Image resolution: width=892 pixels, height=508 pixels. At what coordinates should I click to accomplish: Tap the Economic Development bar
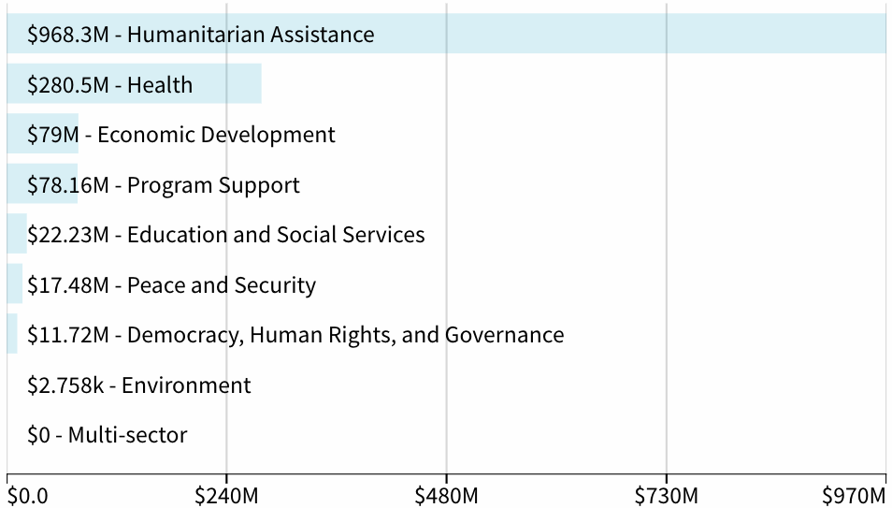[x=43, y=134]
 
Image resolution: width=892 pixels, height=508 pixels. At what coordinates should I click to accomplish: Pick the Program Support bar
[x=42, y=184]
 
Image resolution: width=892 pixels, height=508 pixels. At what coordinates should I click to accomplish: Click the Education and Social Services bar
[x=17, y=234]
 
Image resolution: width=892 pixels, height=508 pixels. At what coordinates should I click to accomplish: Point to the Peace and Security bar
[x=15, y=284]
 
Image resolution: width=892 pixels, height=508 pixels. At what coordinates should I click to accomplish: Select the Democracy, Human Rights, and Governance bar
[x=12, y=334]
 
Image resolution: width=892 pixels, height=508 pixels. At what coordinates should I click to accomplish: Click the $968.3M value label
[x=69, y=35]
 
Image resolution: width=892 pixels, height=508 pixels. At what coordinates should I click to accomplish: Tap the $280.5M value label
[x=69, y=85]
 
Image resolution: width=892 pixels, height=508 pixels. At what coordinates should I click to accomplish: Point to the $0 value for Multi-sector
[x=40, y=435]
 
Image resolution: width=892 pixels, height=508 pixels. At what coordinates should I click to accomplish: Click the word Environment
[x=186, y=385]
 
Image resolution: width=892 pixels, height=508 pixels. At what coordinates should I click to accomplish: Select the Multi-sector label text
[x=127, y=435]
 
